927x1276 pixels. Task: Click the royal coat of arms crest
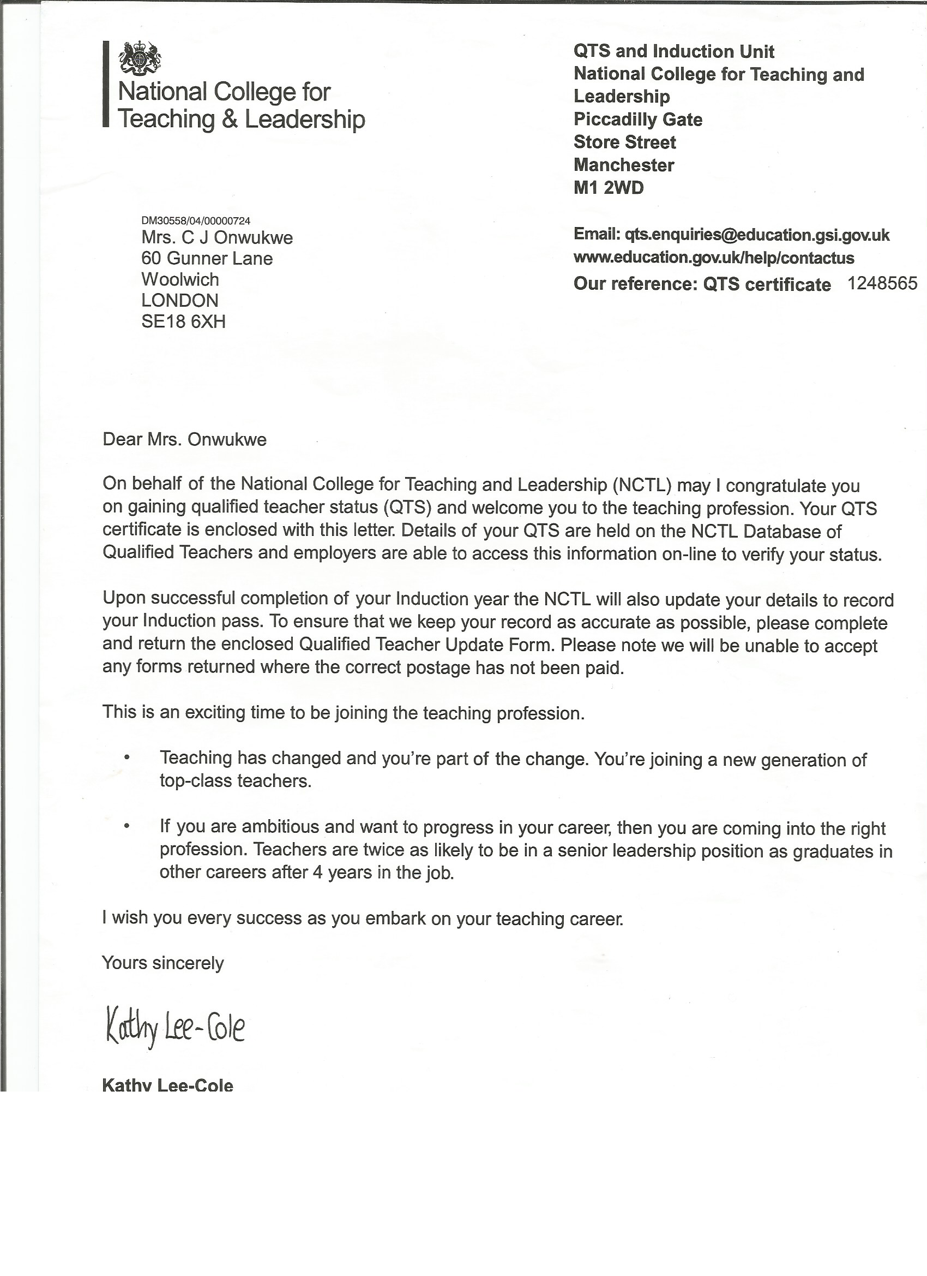(140, 58)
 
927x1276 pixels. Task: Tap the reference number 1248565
(881, 284)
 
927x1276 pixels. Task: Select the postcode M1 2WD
(608, 188)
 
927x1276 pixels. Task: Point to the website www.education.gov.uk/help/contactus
(713, 258)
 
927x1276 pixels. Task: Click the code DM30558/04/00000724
(196, 221)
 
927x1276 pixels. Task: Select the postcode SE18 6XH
(183, 321)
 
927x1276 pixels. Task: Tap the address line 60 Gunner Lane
(207, 259)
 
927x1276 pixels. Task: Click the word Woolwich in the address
(180, 279)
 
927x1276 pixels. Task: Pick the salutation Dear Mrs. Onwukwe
(184, 439)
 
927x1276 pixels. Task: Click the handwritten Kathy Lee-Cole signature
(175, 1029)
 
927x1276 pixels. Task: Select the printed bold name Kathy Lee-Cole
(167, 1086)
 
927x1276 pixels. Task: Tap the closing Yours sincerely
(163, 963)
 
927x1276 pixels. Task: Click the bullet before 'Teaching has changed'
(127, 758)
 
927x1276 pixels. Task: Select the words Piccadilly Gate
(638, 120)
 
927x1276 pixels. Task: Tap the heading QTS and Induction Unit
(673, 52)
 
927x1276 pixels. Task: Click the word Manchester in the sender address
(623, 165)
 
